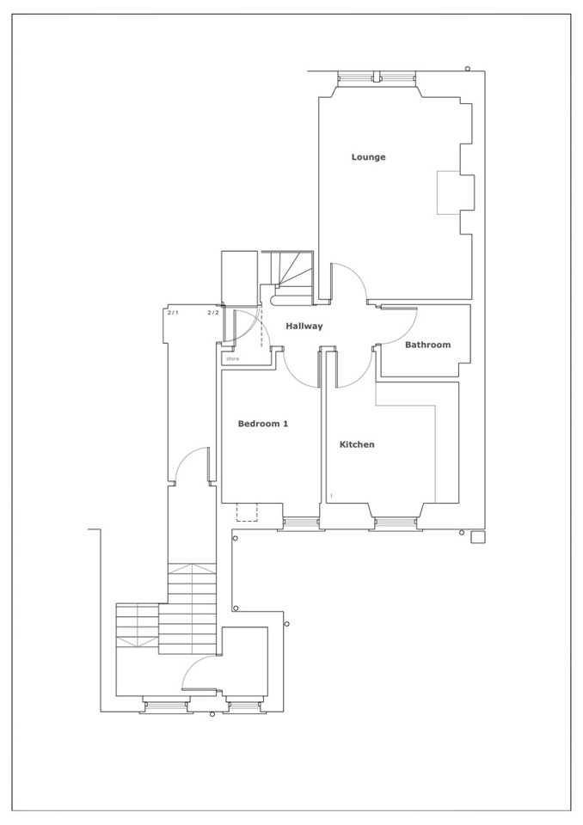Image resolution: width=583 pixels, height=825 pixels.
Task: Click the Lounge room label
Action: pyautogui.click(x=368, y=156)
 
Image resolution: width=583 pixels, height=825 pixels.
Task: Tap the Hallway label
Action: pyautogui.click(x=304, y=327)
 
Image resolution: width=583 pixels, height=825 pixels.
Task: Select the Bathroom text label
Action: pyautogui.click(x=427, y=345)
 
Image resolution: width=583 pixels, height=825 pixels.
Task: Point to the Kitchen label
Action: pyautogui.click(x=357, y=444)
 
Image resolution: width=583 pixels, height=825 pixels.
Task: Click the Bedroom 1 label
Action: pyautogui.click(x=263, y=424)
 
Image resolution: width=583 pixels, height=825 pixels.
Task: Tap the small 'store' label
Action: pyautogui.click(x=232, y=359)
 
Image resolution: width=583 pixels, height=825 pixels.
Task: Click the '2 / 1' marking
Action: pyautogui.click(x=173, y=313)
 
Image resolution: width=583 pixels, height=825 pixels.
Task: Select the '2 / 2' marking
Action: pyautogui.click(x=212, y=313)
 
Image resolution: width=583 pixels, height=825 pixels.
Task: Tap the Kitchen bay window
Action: pyautogui.click(x=394, y=522)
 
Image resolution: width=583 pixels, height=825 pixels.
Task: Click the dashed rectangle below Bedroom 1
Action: pyautogui.click(x=247, y=512)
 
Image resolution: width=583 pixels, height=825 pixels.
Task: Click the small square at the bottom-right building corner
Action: pyautogui.click(x=478, y=537)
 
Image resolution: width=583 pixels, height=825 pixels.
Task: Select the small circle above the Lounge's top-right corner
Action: pyautogui.click(x=468, y=69)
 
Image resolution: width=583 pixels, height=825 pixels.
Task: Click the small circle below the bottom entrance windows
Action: pyautogui.click(x=212, y=714)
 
